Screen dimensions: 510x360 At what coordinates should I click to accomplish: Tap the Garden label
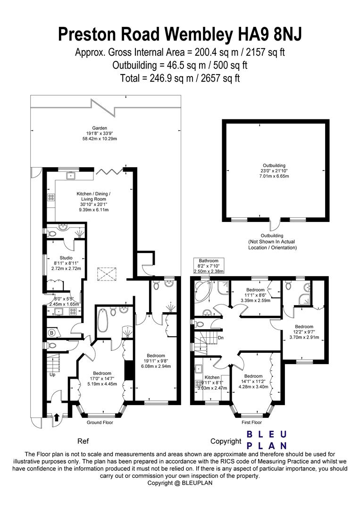click(x=100, y=128)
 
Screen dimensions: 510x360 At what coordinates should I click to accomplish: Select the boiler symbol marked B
click(x=52, y=332)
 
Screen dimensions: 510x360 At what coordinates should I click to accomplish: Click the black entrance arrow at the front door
click(x=57, y=417)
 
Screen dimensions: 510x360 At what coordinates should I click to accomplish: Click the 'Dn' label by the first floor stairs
click(x=220, y=338)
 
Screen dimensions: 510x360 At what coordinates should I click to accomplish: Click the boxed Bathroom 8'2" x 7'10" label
click(x=209, y=266)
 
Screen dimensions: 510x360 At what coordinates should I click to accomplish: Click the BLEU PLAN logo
click(x=267, y=440)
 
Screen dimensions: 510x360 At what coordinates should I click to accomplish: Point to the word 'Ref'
click(x=83, y=442)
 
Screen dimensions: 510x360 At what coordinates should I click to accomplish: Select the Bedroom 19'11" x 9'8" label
click(x=155, y=361)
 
